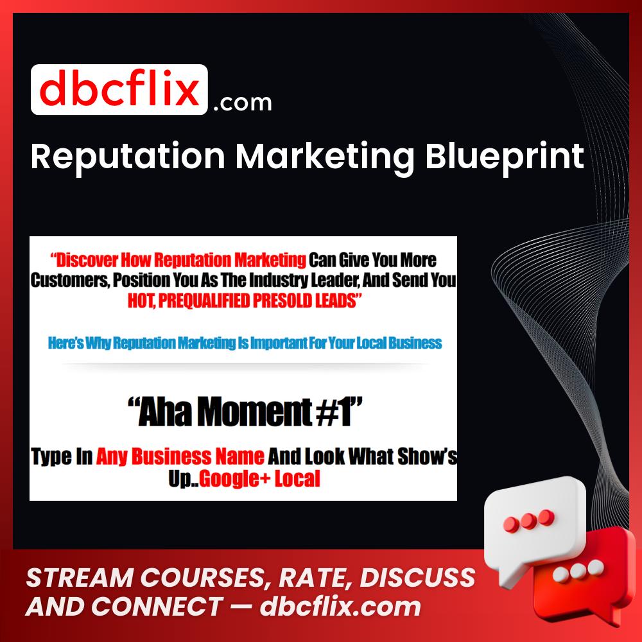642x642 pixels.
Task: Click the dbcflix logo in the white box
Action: tap(119, 90)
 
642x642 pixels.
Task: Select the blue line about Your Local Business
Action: tap(245, 342)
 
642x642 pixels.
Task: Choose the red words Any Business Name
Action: tap(180, 456)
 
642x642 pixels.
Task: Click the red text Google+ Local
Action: tap(259, 479)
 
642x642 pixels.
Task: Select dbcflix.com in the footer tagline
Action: tap(340, 606)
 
